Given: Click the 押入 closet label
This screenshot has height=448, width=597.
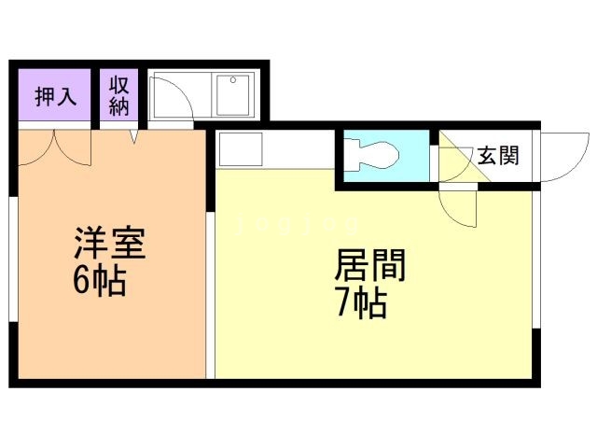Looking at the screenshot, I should pos(55,96).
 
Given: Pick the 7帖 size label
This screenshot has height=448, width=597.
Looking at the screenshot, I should pos(361,304).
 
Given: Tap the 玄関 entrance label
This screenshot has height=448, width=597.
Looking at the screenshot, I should pos(498,156).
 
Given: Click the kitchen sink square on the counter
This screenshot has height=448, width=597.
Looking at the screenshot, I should pos(240,148).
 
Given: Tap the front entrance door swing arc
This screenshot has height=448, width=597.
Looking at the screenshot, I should pos(561,159).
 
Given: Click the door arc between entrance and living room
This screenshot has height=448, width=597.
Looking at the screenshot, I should pos(460,208).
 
